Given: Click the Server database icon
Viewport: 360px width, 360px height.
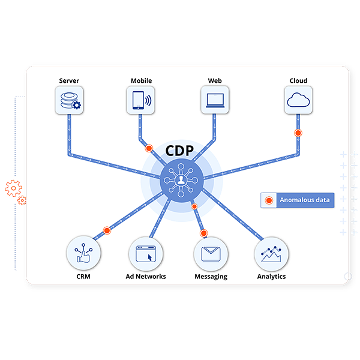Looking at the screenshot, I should tap(68, 99).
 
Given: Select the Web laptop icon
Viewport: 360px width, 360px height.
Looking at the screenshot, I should tap(214, 99).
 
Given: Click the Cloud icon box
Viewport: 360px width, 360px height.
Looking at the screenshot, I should tap(298, 99).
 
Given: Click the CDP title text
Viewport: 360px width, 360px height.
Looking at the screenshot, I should tap(181, 149).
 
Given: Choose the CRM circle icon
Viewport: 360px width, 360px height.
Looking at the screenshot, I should tap(83, 254).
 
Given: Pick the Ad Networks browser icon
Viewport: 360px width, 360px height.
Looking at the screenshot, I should tap(146, 254).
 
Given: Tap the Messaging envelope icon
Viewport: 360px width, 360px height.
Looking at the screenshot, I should tap(211, 254).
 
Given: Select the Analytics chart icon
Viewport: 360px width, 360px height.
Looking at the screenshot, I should tap(271, 254).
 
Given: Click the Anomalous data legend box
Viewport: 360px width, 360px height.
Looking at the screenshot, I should tap(297, 200).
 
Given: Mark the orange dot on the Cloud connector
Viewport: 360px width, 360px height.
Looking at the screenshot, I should tap(298, 133).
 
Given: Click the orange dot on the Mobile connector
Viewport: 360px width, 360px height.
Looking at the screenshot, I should tap(149, 148).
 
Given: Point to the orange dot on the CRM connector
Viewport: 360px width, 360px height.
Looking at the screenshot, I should tap(107, 230).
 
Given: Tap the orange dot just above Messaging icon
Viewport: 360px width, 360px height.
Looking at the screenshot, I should tap(203, 233).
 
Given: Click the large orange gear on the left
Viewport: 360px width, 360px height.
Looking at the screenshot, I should tap(13, 188).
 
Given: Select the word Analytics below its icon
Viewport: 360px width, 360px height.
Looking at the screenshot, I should tap(271, 277).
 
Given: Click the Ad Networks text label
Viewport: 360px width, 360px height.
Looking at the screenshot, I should tap(146, 277).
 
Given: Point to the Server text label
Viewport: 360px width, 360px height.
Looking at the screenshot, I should tap(68, 80).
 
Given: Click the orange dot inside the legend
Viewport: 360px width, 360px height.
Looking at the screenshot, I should tap(269, 200).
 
